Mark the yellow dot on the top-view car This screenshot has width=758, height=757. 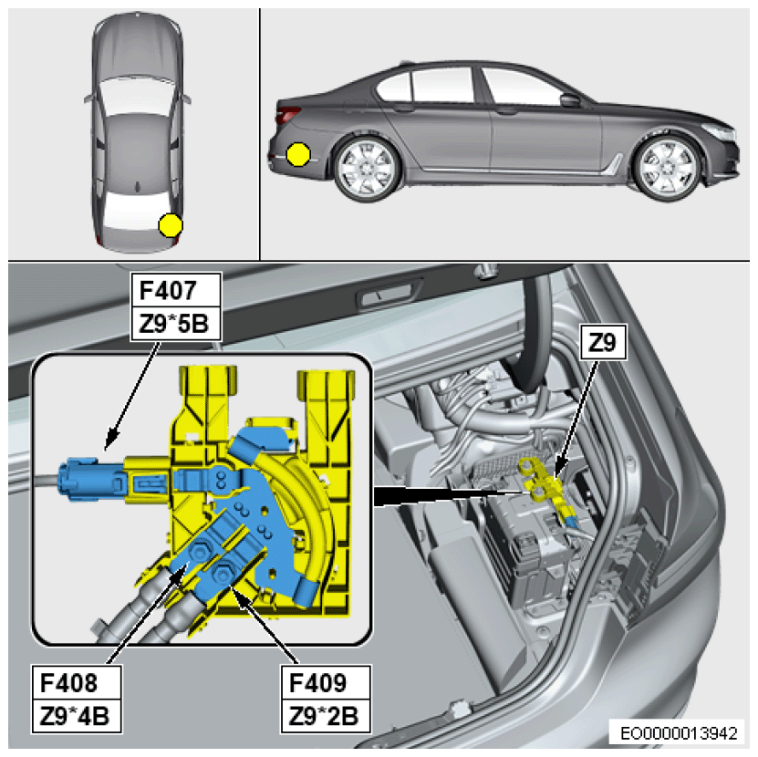[x=170, y=224]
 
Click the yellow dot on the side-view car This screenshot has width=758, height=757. [x=297, y=155]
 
